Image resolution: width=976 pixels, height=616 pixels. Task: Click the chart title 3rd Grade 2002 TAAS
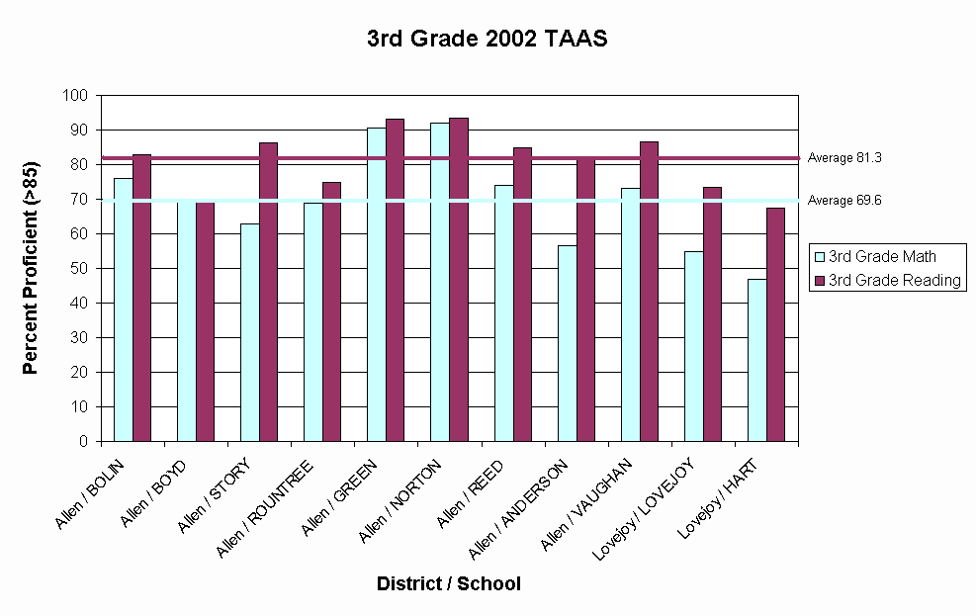pos(487,40)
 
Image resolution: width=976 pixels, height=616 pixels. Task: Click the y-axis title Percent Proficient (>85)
pos(31,268)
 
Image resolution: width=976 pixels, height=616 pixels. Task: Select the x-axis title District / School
pos(448,583)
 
